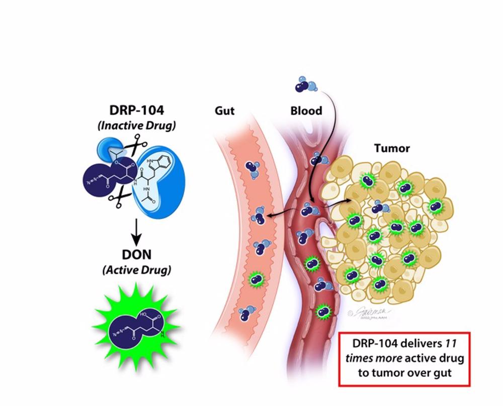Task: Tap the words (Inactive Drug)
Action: coord(136,125)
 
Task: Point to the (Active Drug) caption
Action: coord(137,270)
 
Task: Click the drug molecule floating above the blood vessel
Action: coord(303,84)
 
